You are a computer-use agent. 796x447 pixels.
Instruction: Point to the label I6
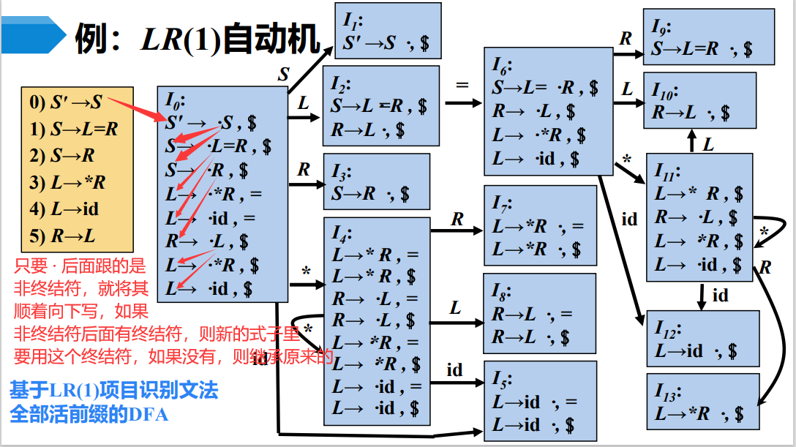tap(503, 65)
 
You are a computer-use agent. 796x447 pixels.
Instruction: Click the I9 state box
tap(708, 36)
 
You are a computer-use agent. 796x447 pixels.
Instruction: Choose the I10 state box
tap(708, 100)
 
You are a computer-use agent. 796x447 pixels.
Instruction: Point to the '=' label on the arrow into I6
tap(462, 85)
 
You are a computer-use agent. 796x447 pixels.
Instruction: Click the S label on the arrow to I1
tap(283, 75)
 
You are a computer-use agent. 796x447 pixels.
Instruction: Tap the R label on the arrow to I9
tap(626, 39)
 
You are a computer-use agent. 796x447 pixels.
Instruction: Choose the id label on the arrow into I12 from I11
tap(720, 296)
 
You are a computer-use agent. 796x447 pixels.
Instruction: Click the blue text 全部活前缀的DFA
tap(89, 414)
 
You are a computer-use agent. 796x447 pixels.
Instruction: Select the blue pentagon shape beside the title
tap(32, 34)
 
